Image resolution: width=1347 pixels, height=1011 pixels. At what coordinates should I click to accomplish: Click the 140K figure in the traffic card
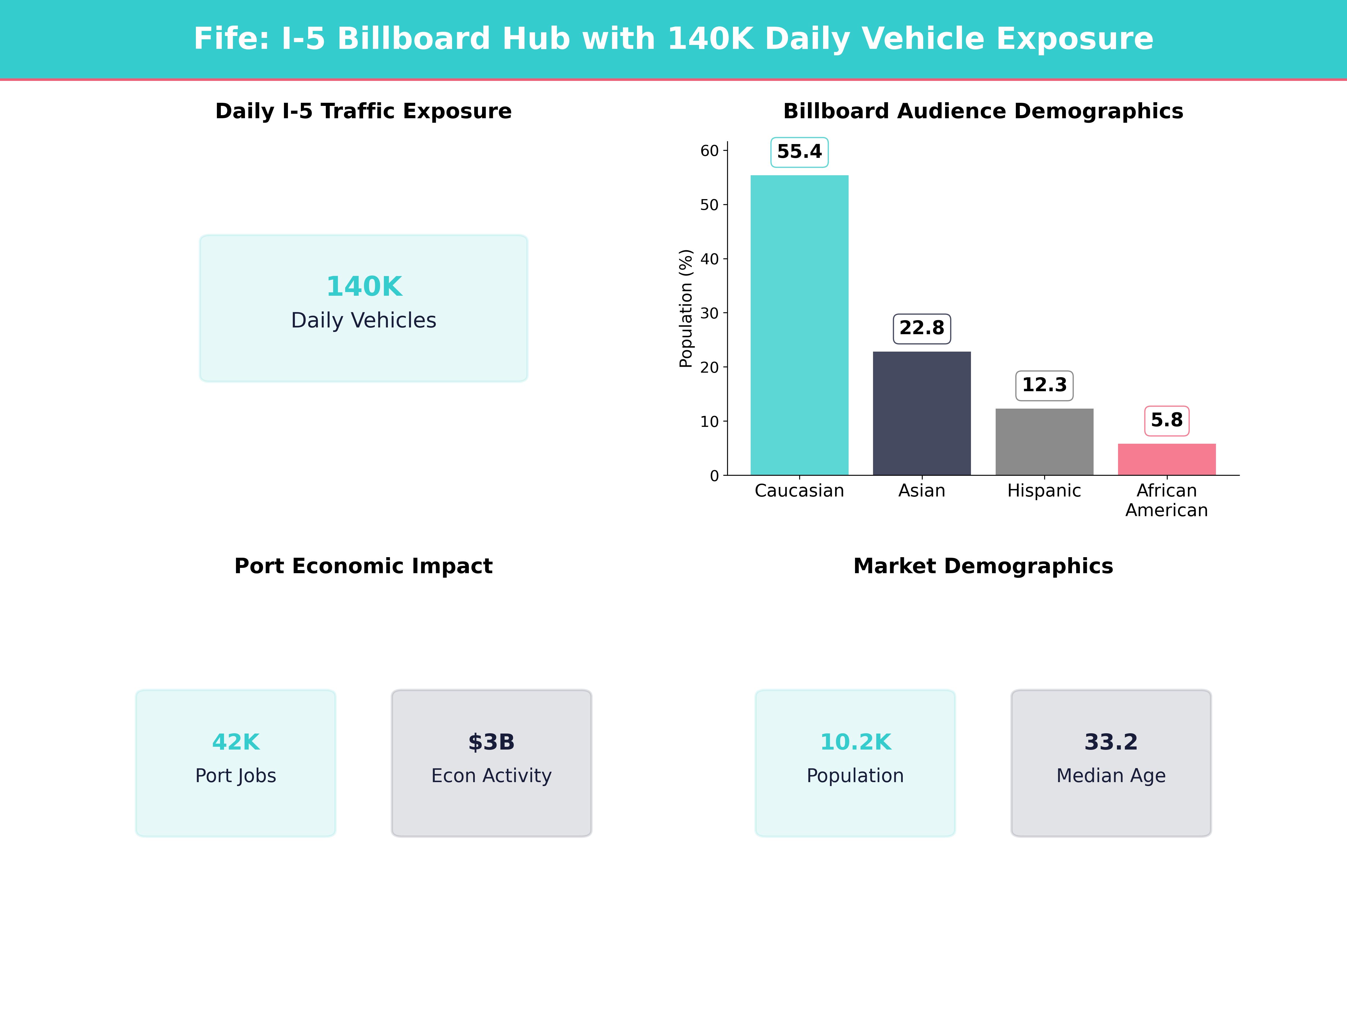coord(364,286)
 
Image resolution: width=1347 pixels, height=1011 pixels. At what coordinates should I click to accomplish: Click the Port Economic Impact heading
coord(363,566)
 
